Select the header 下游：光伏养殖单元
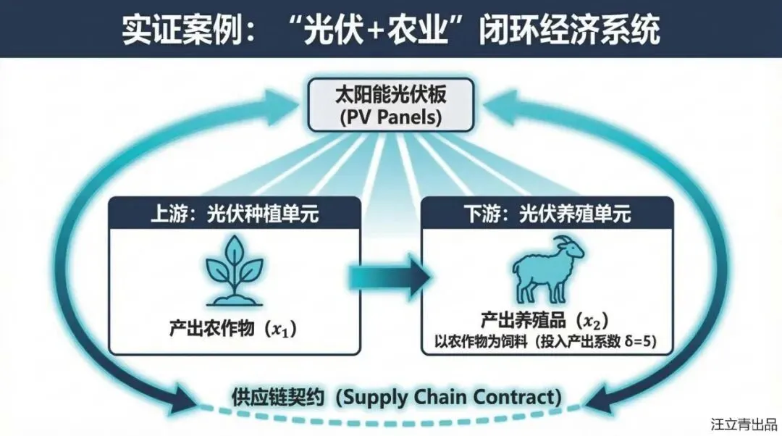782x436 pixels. pyautogui.click(x=547, y=214)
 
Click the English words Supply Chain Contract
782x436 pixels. pyautogui.click(x=450, y=397)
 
